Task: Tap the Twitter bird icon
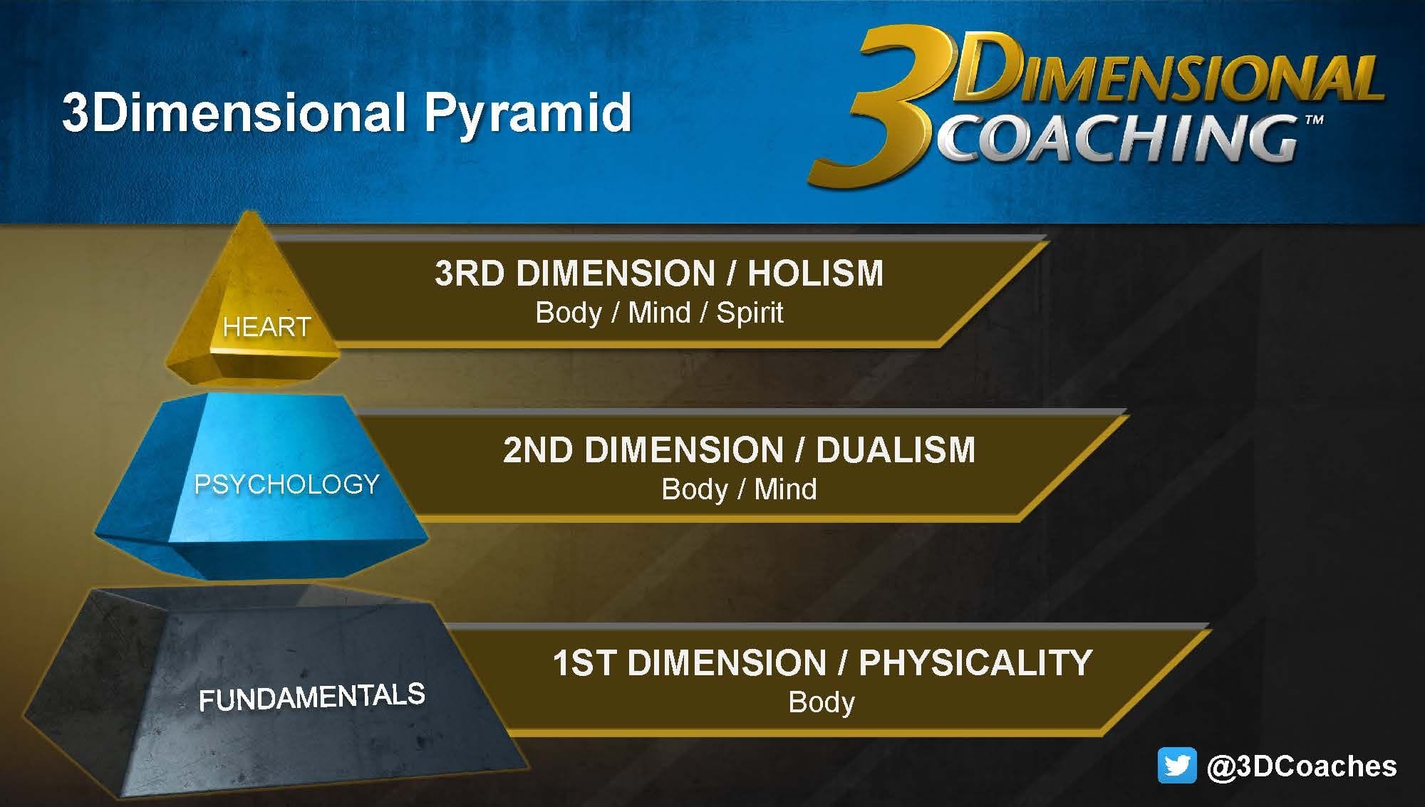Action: click(1177, 766)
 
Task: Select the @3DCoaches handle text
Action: click(1302, 766)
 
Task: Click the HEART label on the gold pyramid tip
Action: click(266, 327)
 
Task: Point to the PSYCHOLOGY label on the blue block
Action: click(287, 484)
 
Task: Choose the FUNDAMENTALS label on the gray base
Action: click(312, 697)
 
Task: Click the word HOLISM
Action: click(815, 274)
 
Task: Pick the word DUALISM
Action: click(896, 450)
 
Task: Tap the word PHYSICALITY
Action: click(975, 662)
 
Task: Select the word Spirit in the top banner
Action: click(750, 313)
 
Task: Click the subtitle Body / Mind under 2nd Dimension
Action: click(739, 489)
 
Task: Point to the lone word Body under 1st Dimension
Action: click(822, 702)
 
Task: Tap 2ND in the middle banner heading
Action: click(538, 450)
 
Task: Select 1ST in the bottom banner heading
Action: click(584, 662)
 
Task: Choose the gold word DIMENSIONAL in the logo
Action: click(1168, 71)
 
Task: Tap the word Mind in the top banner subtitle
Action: click(659, 313)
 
